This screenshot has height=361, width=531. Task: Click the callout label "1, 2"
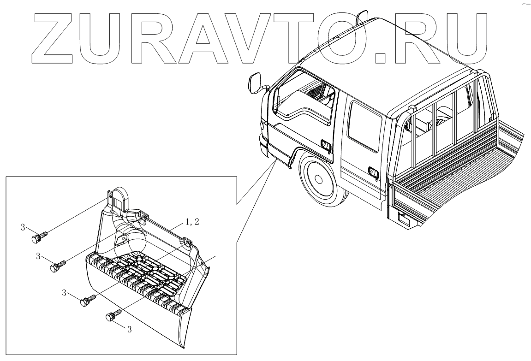[192, 222]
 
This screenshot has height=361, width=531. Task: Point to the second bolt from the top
[57, 266]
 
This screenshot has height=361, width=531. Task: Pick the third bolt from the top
[86, 302]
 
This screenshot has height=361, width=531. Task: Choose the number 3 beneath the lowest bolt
[130, 330]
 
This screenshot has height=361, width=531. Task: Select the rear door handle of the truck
[373, 173]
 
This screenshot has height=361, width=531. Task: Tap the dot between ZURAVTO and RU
[380, 58]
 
